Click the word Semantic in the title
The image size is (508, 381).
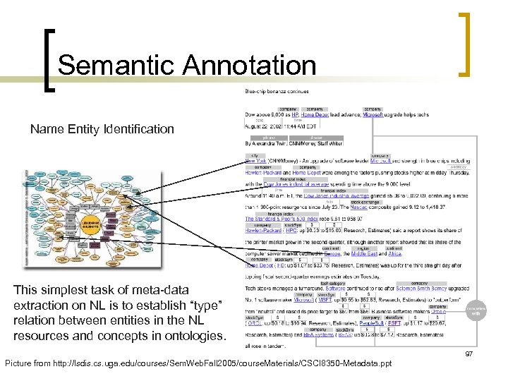pos(116,66)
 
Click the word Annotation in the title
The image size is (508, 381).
pos(248,66)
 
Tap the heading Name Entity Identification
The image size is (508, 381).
pos(102,129)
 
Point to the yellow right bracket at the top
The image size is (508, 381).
pos(465,44)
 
